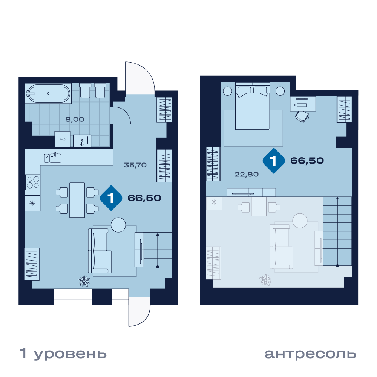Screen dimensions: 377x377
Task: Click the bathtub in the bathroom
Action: click(48, 93)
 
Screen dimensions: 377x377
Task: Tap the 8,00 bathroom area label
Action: click(75, 119)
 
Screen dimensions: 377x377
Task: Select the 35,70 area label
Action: click(135, 165)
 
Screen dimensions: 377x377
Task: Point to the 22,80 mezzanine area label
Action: click(247, 174)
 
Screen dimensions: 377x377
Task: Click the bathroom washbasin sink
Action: click(82, 141)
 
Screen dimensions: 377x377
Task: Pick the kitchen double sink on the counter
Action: click(53, 158)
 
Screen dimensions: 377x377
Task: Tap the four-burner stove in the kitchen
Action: click(33, 182)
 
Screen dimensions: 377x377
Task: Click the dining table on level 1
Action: click(77, 200)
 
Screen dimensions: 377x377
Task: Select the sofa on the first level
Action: click(100, 251)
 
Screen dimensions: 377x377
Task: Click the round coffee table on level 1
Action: click(118, 225)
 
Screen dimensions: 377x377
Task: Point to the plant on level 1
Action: click(84, 281)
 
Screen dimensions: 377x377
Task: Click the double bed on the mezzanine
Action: click(253, 106)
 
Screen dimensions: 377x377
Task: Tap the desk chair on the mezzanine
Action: click(302, 116)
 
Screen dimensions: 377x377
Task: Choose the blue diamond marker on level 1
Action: click(111, 198)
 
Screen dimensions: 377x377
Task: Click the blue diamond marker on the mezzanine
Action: click(274, 161)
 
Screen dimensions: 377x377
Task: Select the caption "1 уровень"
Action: click(63, 354)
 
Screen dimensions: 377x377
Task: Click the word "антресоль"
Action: click(310, 354)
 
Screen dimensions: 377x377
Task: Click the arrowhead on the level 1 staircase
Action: click(158, 234)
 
